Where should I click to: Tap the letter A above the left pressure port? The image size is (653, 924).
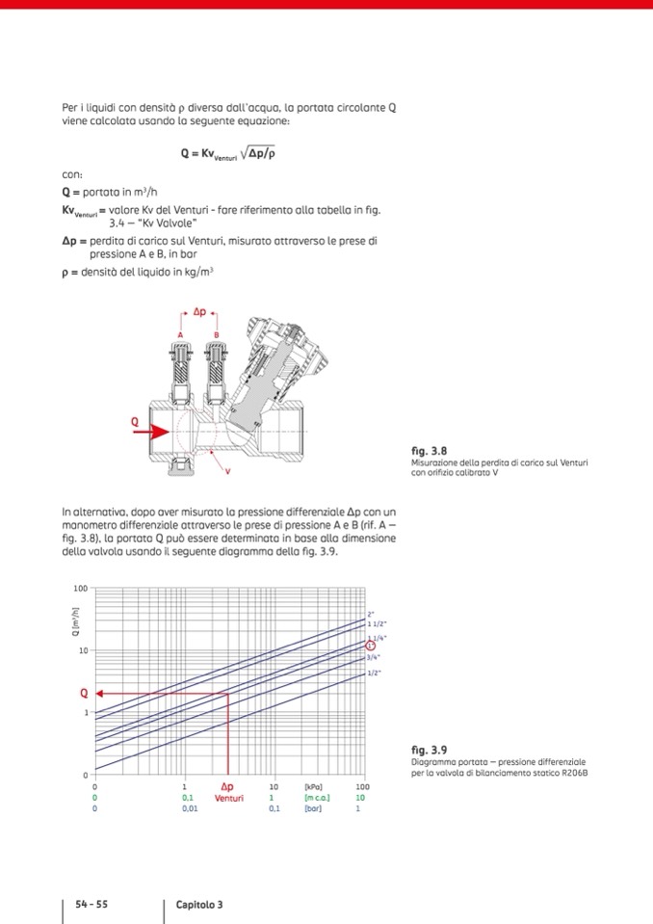coord(179,334)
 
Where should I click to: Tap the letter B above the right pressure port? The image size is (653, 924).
coord(217,334)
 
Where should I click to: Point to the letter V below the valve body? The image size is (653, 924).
coord(227,471)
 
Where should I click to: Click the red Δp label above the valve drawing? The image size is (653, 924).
coord(199,312)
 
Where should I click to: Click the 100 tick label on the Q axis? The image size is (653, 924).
coord(80,588)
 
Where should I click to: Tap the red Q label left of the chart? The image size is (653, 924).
coord(84,693)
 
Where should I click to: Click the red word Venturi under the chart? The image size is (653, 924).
coord(228,798)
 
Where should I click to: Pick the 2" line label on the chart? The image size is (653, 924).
coord(371,614)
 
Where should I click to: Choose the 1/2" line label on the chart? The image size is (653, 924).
coord(375,672)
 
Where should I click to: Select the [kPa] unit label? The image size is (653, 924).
coord(313,787)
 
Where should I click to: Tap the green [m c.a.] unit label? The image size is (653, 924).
coord(318,798)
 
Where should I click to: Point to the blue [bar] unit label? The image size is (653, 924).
coord(313,808)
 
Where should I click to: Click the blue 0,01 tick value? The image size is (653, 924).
coord(189,808)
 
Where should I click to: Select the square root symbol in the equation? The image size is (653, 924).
coord(242,152)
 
